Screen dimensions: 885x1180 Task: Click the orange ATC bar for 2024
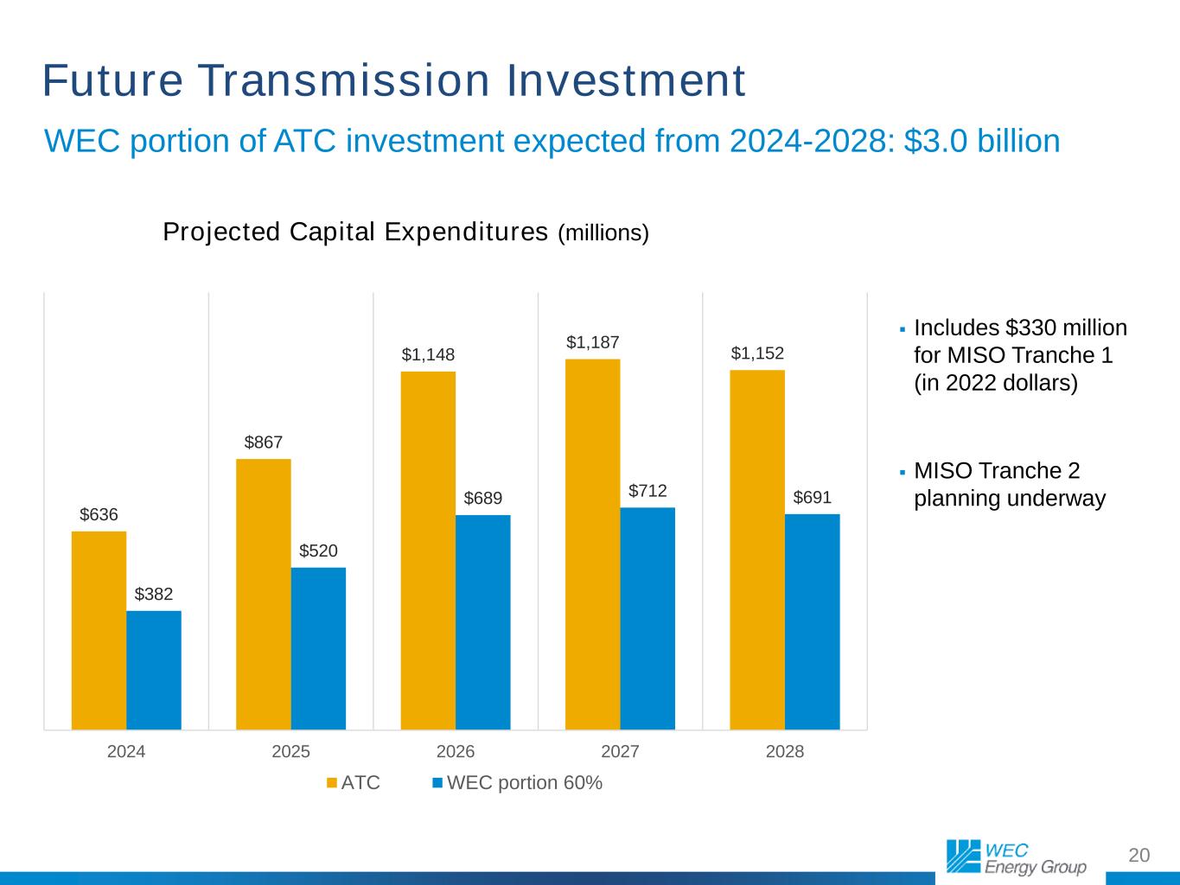(99, 630)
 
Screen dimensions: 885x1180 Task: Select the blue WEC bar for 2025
(318, 648)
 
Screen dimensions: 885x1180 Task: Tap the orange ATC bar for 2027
(592, 544)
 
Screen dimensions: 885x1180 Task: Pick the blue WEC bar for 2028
(812, 621)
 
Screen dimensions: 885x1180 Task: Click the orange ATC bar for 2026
(428, 551)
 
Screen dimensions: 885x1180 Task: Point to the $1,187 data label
(593, 342)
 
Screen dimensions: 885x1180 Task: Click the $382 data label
(154, 594)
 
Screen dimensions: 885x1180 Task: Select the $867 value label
(264, 442)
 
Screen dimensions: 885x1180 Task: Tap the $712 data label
(647, 491)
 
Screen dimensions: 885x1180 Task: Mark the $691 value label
(813, 498)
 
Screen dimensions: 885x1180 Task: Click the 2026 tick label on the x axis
(456, 751)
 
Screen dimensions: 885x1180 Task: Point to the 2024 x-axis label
(126, 751)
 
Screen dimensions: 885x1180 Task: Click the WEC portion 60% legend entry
(517, 783)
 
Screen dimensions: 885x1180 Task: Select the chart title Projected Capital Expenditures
(355, 232)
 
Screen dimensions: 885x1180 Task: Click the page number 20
(1139, 855)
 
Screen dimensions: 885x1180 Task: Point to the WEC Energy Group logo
(1016, 857)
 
